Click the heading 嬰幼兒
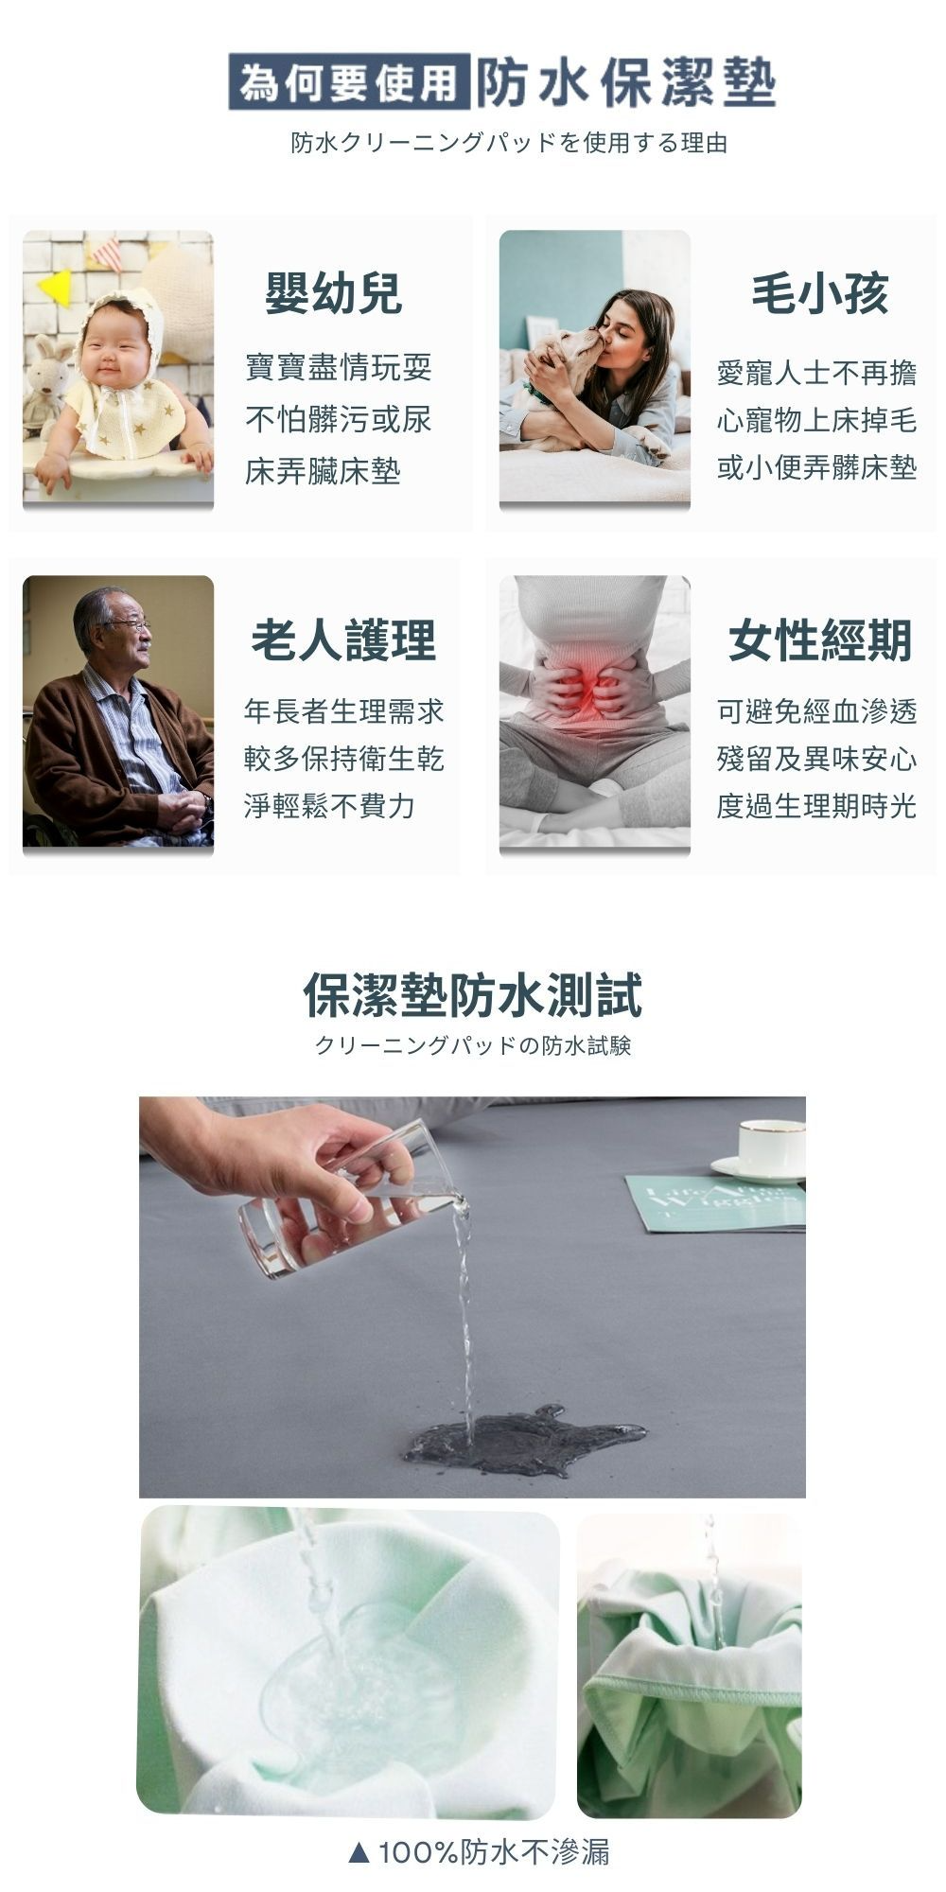[334, 292]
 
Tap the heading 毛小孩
[820, 292]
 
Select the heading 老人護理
[343, 639]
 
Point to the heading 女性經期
[820, 639]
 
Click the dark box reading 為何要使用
[349, 82]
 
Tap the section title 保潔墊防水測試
[473, 995]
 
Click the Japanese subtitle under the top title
[509, 143]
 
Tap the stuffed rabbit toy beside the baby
[44, 383]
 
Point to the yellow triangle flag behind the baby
[55, 288]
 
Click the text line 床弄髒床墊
[323, 470]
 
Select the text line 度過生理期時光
[816, 805]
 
